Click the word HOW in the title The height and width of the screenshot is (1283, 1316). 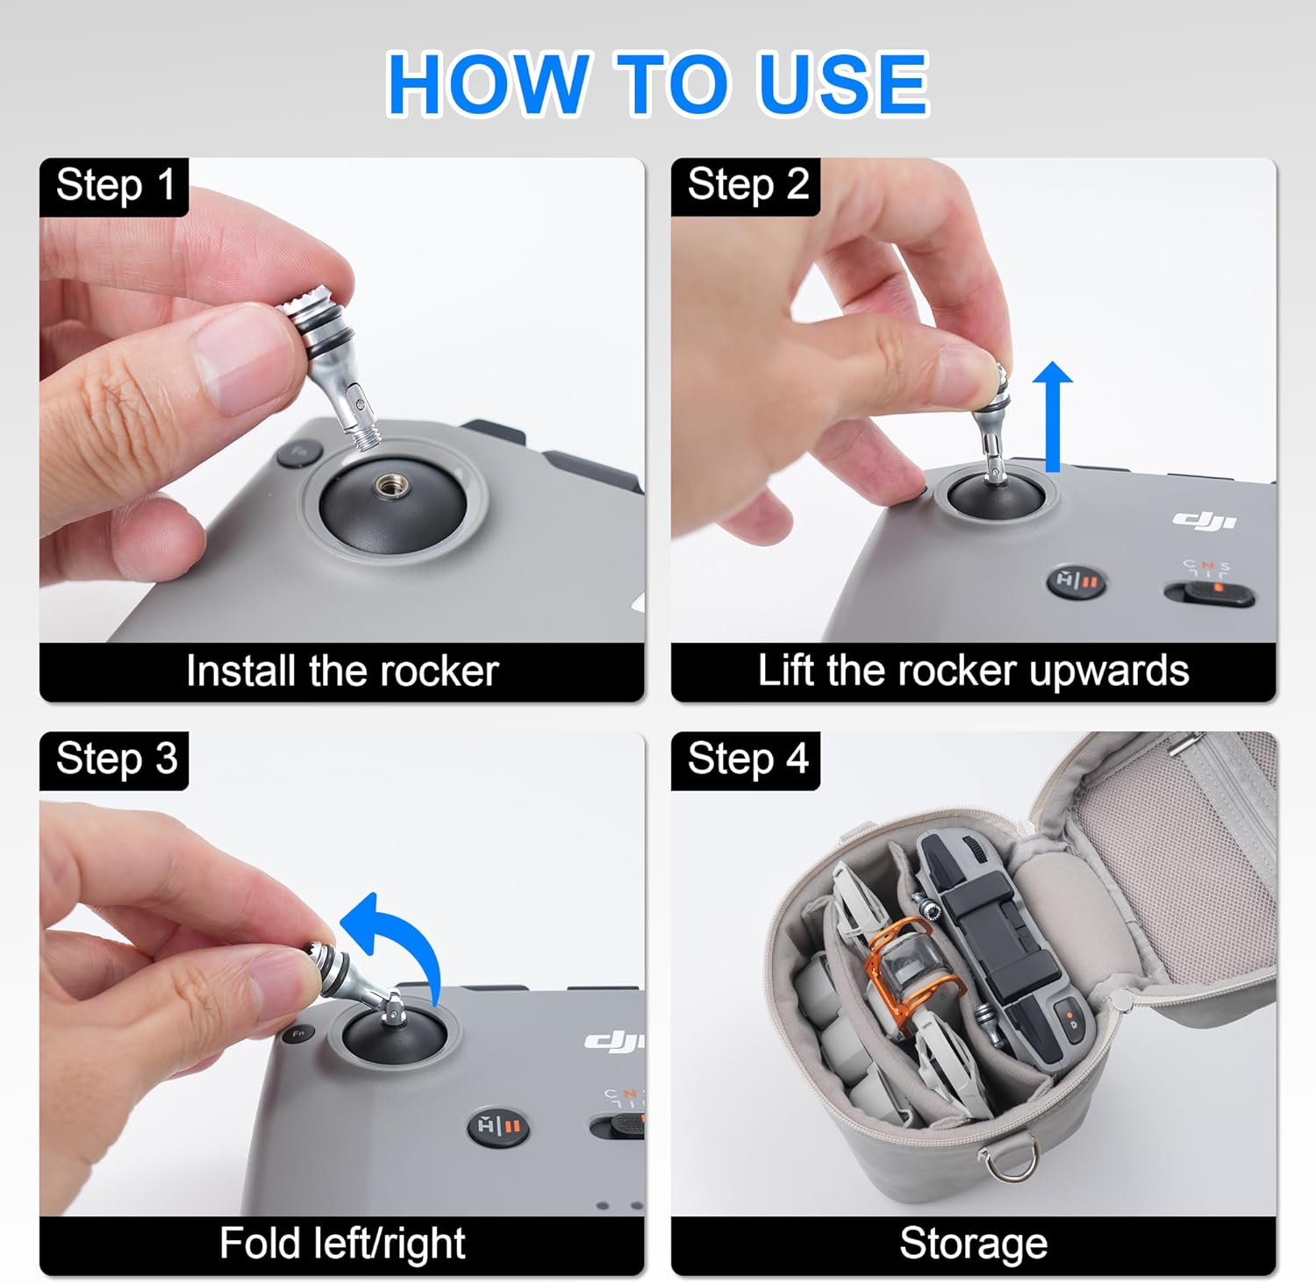[x=487, y=83]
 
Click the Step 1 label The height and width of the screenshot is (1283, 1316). [x=115, y=185]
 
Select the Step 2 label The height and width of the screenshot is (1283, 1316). [x=747, y=185]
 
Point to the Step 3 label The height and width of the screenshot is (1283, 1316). [x=116, y=759]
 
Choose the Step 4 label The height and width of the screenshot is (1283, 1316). [x=747, y=759]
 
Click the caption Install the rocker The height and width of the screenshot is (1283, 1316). [x=342, y=671]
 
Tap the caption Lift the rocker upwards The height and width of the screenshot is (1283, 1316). [x=973, y=671]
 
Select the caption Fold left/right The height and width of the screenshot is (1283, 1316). [x=342, y=1244]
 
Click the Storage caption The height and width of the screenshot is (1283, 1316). [x=973, y=1244]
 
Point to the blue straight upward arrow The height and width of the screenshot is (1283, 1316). [x=1052, y=417]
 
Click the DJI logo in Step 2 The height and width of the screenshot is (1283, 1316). [x=1205, y=520]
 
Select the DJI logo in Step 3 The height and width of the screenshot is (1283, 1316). [x=614, y=1040]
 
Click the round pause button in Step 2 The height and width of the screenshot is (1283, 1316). [x=1076, y=581]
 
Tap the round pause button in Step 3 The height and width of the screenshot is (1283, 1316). [x=497, y=1126]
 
